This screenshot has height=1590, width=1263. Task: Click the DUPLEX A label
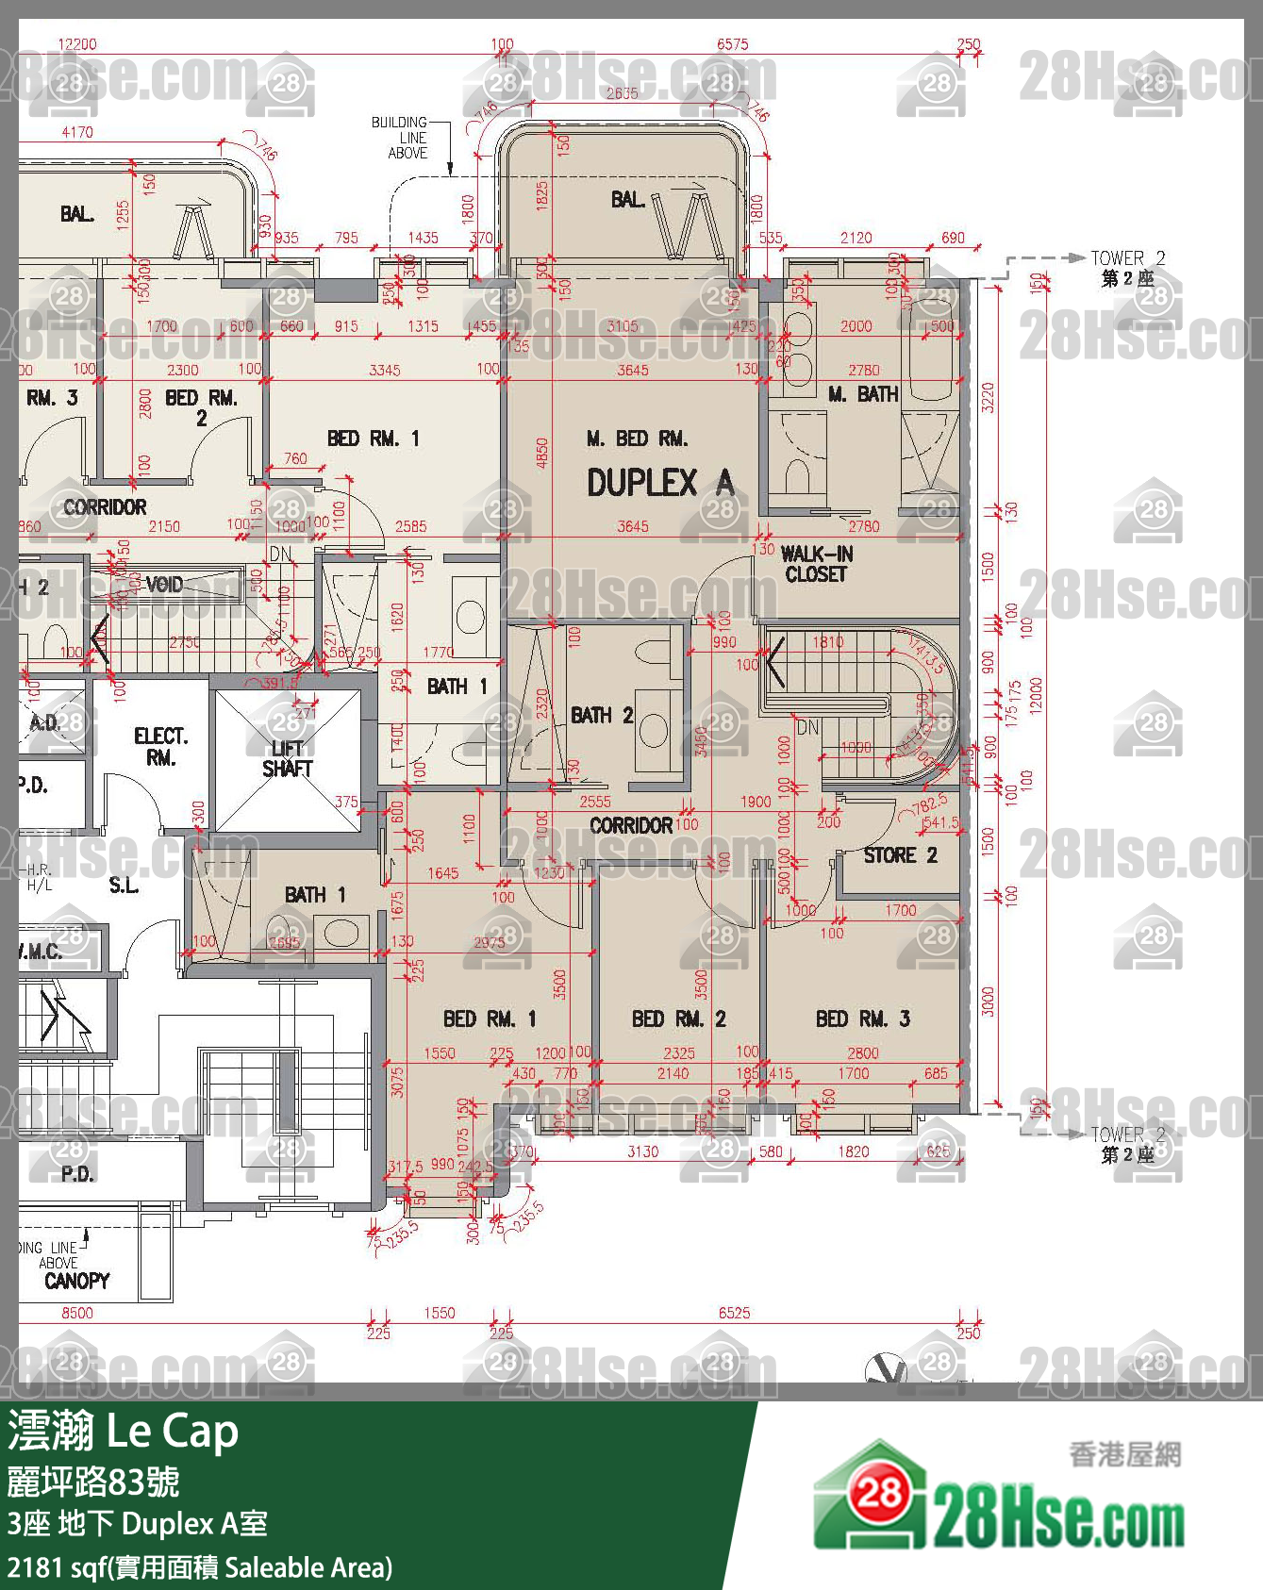click(x=659, y=483)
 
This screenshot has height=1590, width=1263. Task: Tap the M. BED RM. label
click(x=637, y=439)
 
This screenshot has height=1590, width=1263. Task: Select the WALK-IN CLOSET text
click(x=816, y=564)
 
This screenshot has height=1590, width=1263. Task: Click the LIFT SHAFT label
click(x=287, y=758)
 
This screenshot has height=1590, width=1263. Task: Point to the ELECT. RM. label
click(x=160, y=746)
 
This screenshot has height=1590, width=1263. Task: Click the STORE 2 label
click(x=900, y=855)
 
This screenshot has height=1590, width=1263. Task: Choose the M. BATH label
click(x=863, y=394)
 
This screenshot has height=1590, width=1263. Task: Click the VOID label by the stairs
click(x=164, y=585)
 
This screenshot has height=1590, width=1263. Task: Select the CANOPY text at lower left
click(x=77, y=1281)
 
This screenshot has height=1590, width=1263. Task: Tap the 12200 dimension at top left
click(x=77, y=44)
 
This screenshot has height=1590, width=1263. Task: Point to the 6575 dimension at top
click(x=732, y=44)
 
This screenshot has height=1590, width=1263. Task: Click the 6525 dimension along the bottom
click(x=734, y=1313)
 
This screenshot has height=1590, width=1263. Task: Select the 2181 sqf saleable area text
click(x=199, y=1567)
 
